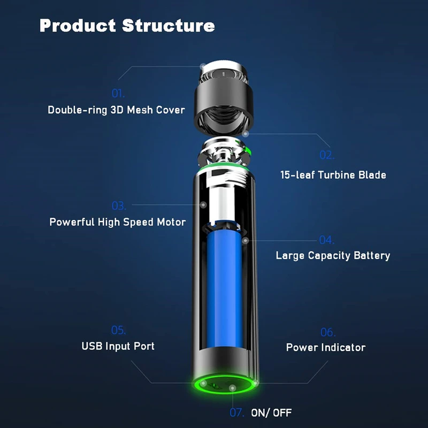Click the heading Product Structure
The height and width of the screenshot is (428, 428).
coord(127,25)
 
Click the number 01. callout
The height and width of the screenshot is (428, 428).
coord(118,93)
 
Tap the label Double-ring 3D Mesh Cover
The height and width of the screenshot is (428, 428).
coord(116,110)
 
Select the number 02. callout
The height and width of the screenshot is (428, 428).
coord(326,155)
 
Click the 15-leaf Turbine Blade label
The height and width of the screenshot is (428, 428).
coord(333,175)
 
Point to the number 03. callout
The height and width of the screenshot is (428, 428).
coord(118,205)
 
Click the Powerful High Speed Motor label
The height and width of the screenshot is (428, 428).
coord(118,222)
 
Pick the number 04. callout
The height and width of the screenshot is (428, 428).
coord(326,240)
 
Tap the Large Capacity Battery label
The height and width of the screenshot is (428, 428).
coord(333,256)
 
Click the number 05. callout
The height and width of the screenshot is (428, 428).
coord(118,330)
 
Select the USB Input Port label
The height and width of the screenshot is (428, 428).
coord(118,346)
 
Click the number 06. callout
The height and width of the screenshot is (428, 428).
coord(327,332)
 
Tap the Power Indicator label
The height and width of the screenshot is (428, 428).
coord(326,348)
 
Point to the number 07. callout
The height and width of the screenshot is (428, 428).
coord(236,413)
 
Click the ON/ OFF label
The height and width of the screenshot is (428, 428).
coord(271,413)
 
